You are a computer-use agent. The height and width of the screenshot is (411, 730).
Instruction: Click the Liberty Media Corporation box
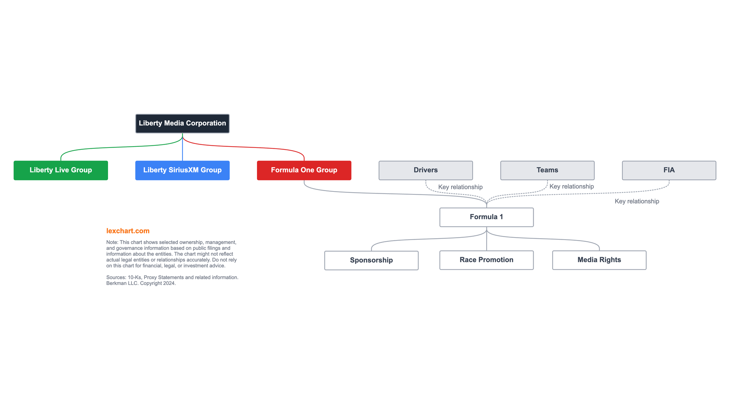click(x=182, y=123)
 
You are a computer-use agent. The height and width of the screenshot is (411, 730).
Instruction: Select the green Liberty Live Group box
click(x=61, y=170)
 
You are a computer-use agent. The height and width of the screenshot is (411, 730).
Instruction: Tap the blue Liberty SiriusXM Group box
click(x=182, y=170)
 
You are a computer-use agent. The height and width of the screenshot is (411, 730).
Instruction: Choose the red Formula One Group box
click(x=304, y=170)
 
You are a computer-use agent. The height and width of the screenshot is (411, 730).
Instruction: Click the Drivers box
click(x=426, y=170)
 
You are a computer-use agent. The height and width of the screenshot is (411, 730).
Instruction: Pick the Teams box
click(x=547, y=170)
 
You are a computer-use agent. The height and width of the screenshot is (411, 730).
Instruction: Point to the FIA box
click(x=669, y=170)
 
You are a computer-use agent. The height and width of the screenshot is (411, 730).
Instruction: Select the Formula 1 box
click(x=487, y=217)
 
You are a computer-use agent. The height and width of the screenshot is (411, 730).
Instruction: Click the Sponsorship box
click(x=371, y=260)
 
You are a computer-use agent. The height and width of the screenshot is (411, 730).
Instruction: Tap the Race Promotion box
click(x=487, y=260)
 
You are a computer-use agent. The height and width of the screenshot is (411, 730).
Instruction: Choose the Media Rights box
click(x=599, y=260)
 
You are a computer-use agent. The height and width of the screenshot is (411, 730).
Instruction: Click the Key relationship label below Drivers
click(x=460, y=187)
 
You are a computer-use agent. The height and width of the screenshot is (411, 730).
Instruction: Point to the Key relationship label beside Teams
click(x=572, y=186)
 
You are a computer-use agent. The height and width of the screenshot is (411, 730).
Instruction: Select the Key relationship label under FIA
click(x=637, y=201)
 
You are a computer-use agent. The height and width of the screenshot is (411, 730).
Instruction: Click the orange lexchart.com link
click(x=128, y=231)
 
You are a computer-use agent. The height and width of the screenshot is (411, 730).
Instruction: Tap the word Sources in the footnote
click(x=115, y=277)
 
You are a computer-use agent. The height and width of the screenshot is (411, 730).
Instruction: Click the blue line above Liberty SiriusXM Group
click(x=182, y=147)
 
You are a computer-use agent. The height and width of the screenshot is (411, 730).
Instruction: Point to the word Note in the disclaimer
click(x=112, y=242)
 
